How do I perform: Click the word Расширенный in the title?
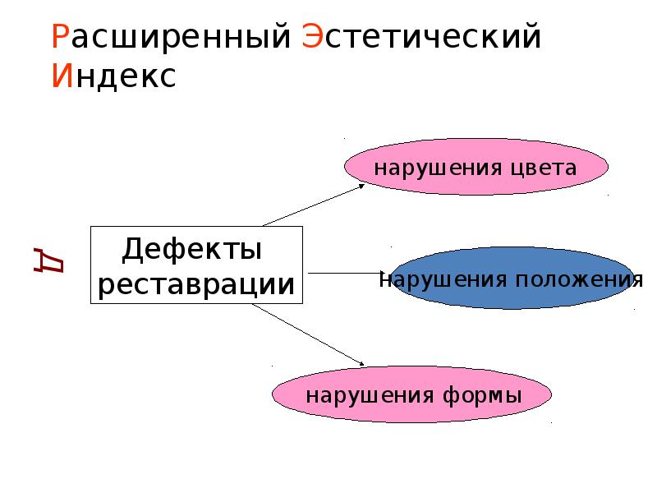pos(171,37)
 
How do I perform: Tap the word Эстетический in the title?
pos(421,36)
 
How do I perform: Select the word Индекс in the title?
pos(113,77)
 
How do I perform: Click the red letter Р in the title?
pos(60,36)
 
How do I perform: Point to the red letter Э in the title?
pos(312,36)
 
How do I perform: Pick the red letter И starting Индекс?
pos(62,76)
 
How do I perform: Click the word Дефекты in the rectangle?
pos(192,250)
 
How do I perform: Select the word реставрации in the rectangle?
pos(196,285)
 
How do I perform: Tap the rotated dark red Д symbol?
pos(48,260)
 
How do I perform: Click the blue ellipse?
pos(512,278)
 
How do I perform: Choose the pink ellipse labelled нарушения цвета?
pos(476,167)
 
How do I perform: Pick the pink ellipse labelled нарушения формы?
pos(412,394)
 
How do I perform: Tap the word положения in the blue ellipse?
pos(579,280)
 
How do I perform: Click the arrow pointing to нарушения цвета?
pos(314,205)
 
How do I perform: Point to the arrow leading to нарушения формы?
pos(309,334)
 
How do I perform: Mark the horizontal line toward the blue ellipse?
pos(346,274)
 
